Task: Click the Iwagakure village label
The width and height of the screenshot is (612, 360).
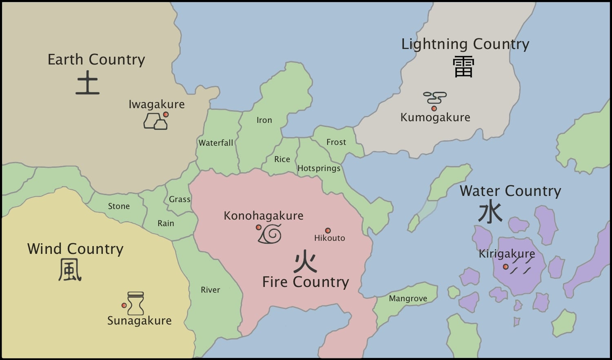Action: coord(157,104)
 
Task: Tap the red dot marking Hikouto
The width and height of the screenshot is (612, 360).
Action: coord(328,231)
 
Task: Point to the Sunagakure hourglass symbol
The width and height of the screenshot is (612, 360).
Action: coord(135,303)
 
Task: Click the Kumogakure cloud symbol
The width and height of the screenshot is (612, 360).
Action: coord(435,98)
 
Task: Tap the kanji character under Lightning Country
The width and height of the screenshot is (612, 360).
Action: coord(463,67)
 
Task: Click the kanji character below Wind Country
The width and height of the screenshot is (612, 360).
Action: coord(70,270)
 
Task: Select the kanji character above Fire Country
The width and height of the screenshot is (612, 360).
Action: coord(305,261)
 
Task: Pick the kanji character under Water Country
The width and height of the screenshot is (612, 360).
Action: coord(490,213)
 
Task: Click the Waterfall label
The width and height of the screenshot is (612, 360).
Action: coord(216,143)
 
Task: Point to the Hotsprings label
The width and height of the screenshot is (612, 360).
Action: coord(319,168)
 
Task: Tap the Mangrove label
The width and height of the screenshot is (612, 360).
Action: coord(408,298)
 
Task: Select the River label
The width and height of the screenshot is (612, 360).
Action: coord(210,290)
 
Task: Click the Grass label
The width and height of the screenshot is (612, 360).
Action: coord(180,199)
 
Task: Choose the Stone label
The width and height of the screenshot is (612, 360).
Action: coord(119,206)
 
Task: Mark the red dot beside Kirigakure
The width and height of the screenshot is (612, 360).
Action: coord(506,267)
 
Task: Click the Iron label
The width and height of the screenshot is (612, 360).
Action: coord(264,120)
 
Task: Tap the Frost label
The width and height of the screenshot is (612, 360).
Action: coord(336,142)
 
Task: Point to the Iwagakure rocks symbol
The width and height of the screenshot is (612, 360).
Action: coord(155,122)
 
